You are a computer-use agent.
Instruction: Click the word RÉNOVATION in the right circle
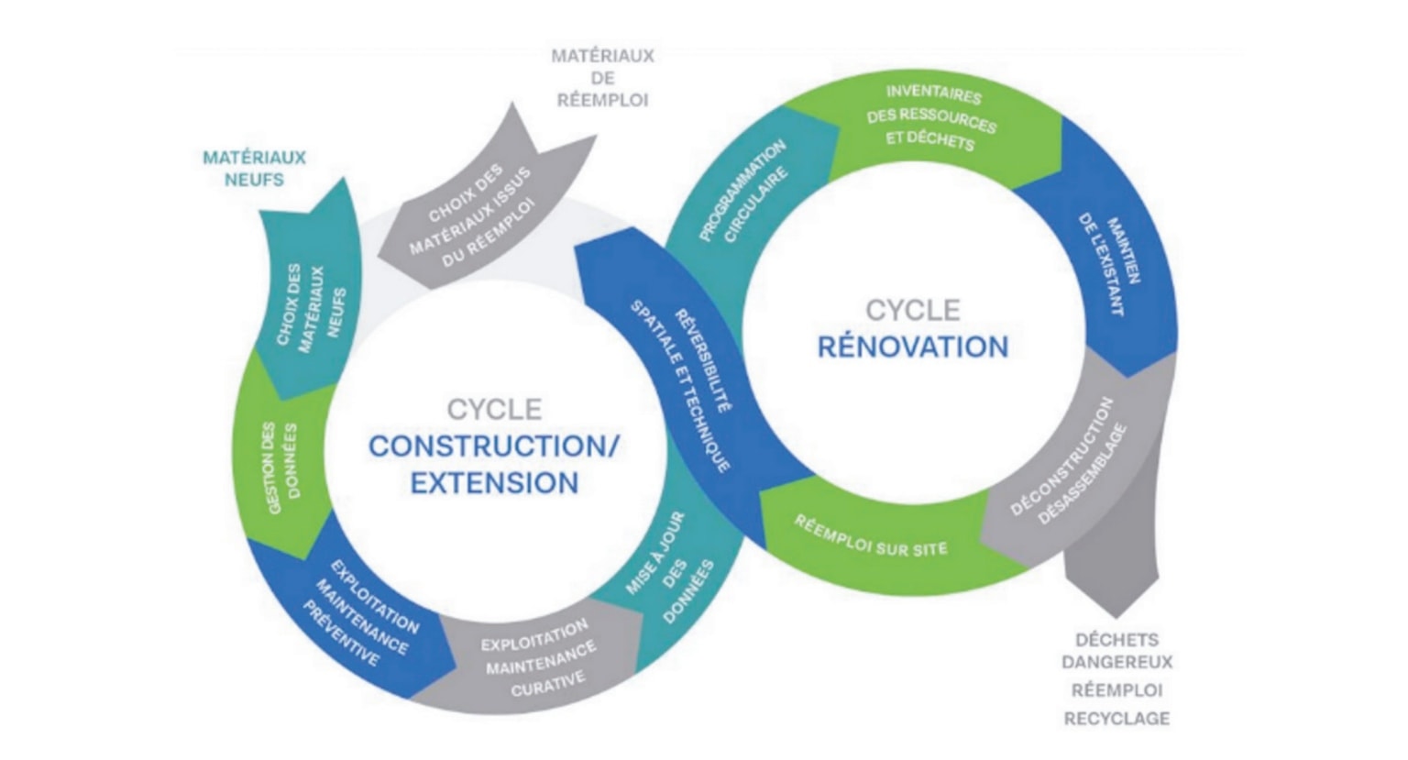tap(912, 347)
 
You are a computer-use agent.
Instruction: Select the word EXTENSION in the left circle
tap(494, 483)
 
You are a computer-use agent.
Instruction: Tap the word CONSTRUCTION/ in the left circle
tap(494, 446)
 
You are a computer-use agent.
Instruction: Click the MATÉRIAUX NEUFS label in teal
tap(254, 169)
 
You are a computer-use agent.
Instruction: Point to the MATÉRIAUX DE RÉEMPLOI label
tap(602, 78)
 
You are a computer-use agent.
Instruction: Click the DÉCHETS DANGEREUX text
tap(1116, 651)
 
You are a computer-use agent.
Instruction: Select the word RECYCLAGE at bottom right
tap(1116, 719)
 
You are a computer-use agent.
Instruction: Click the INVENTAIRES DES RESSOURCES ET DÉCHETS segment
tap(930, 117)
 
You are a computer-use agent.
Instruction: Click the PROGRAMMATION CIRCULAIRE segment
tap(742, 193)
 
